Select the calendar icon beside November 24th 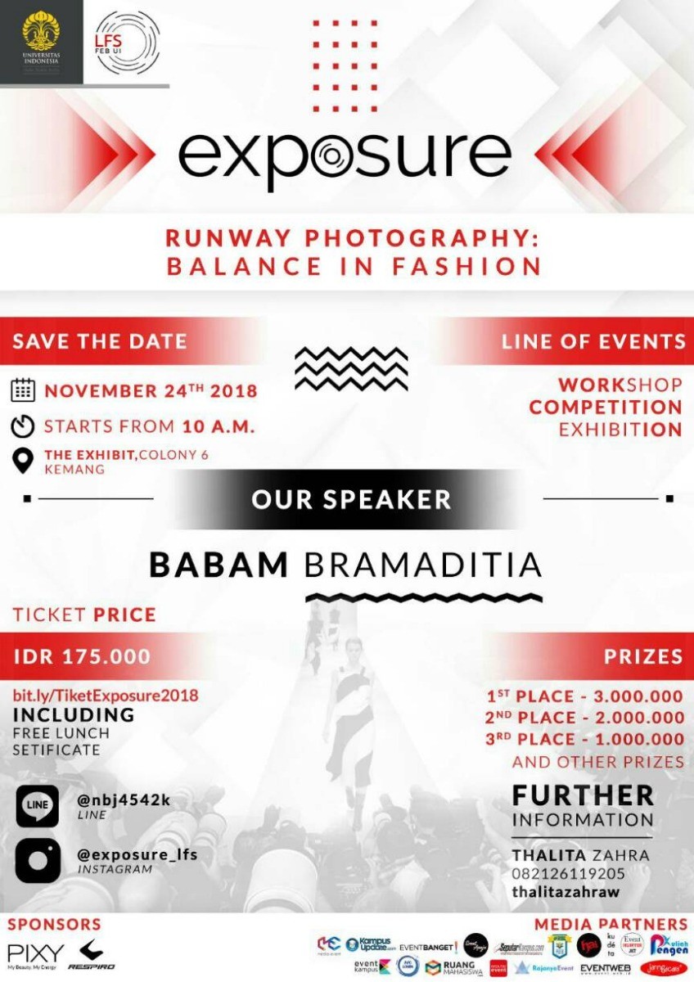pyautogui.click(x=23, y=390)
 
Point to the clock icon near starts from pyautogui.click(x=23, y=426)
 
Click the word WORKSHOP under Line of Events pyautogui.click(x=620, y=385)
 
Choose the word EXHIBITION pyautogui.click(x=620, y=430)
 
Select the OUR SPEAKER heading pyautogui.click(x=351, y=499)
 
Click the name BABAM pyautogui.click(x=219, y=565)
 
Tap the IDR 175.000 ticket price pyautogui.click(x=82, y=656)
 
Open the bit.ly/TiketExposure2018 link pyautogui.click(x=106, y=696)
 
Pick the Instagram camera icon pyautogui.click(x=38, y=860)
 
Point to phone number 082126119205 pyautogui.click(x=568, y=873)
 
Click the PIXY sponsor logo pyautogui.click(x=35, y=955)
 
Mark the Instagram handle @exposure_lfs pyautogui.click(x=137, y=854)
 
